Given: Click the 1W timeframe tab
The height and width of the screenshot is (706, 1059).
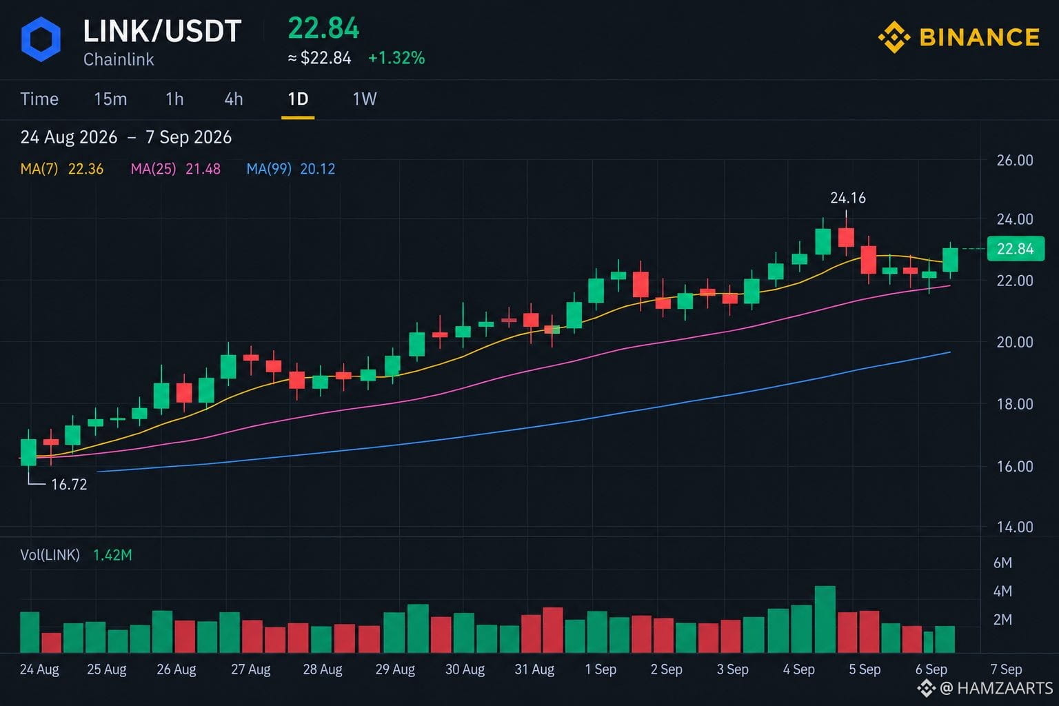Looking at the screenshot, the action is click(365, 99).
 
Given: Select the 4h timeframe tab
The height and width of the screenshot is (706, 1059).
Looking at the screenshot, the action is click(234, 99).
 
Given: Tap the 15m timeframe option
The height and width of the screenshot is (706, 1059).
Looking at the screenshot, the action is click(110, 99).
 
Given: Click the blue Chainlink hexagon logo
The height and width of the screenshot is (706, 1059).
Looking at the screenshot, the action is click(41, 39).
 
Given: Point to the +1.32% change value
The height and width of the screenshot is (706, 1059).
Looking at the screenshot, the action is click(396, 58).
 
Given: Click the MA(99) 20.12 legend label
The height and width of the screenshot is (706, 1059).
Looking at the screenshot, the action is click(291, 169).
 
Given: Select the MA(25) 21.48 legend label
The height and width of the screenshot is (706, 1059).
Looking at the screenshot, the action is click(175, 169).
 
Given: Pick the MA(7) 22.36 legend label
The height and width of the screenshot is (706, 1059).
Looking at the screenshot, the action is click(62, 169).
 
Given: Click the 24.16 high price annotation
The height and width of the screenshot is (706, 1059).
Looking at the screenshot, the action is click(847, 198).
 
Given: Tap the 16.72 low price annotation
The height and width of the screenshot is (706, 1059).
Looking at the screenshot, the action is click(69, 484).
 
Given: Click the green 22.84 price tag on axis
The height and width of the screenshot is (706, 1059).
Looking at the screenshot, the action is click(1016, 249).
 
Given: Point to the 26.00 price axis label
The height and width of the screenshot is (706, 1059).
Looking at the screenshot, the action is click(1015, 161).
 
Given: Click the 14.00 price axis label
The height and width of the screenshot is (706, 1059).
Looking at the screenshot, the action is click(1015, 527).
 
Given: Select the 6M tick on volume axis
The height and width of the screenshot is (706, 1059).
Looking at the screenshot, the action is click(1002, 563).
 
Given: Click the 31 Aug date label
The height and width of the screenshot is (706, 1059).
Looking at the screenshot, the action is click(534, 669).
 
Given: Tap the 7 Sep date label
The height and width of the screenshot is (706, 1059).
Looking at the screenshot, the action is click(1006, 669).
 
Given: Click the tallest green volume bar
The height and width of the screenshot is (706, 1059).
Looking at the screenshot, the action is click(825, 619).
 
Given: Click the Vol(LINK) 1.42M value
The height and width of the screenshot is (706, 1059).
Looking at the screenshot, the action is click(112, 555).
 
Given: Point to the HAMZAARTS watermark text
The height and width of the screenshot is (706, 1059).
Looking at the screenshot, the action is click(1005, 688).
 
